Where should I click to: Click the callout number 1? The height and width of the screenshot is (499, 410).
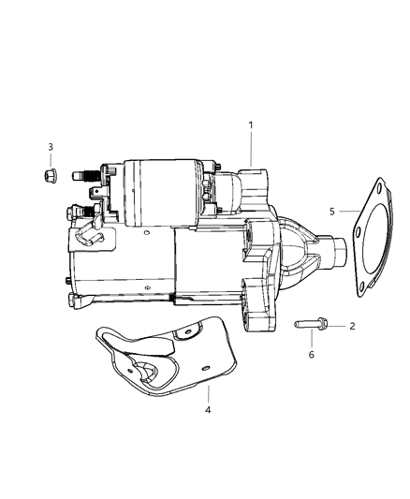coord(250,125)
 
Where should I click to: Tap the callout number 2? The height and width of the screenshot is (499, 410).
coord(353,327)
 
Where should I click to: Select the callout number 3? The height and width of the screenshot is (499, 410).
coord(51,147)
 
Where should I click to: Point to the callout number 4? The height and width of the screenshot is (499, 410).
coord(209,408)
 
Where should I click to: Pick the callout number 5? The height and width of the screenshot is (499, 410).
coord(331,212)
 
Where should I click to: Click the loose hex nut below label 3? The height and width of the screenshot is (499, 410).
coord(51,174)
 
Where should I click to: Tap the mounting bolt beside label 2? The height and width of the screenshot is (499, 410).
coord(312,325)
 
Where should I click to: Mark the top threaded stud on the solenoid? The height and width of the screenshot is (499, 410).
coord(90,175)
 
